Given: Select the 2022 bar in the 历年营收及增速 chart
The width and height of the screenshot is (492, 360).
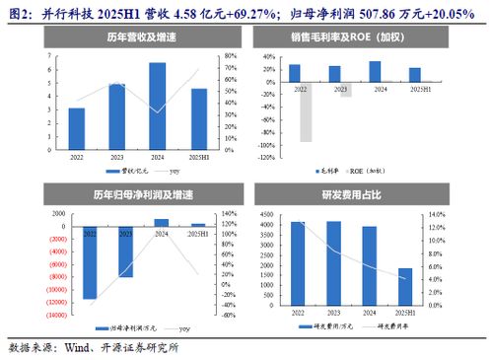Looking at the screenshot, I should (x=76, y=126).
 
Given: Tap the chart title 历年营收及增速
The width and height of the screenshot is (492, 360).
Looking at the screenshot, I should (x=123, y=37).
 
